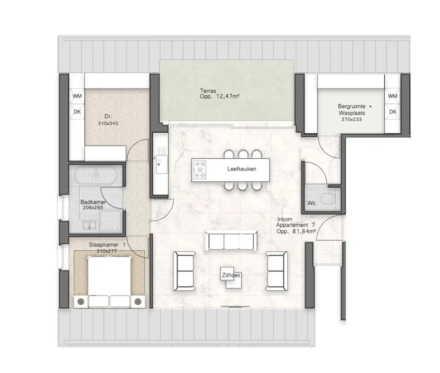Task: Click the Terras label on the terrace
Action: [x=208, y=91]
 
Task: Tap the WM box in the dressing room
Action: [x=77, y=96]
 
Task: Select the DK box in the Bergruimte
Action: [x=393, y=112]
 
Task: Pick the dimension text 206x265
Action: [x=93, y=208]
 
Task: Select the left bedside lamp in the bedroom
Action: [x=80, y=301]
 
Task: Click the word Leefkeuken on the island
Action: [x=242, y=169]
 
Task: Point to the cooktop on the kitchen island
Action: [x=201, y=170]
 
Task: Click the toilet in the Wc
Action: [x=327, y=199]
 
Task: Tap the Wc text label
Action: [x=311, y=203]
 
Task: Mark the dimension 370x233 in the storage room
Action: [x=351, y=119]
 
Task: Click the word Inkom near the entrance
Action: [x=285, y=219]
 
